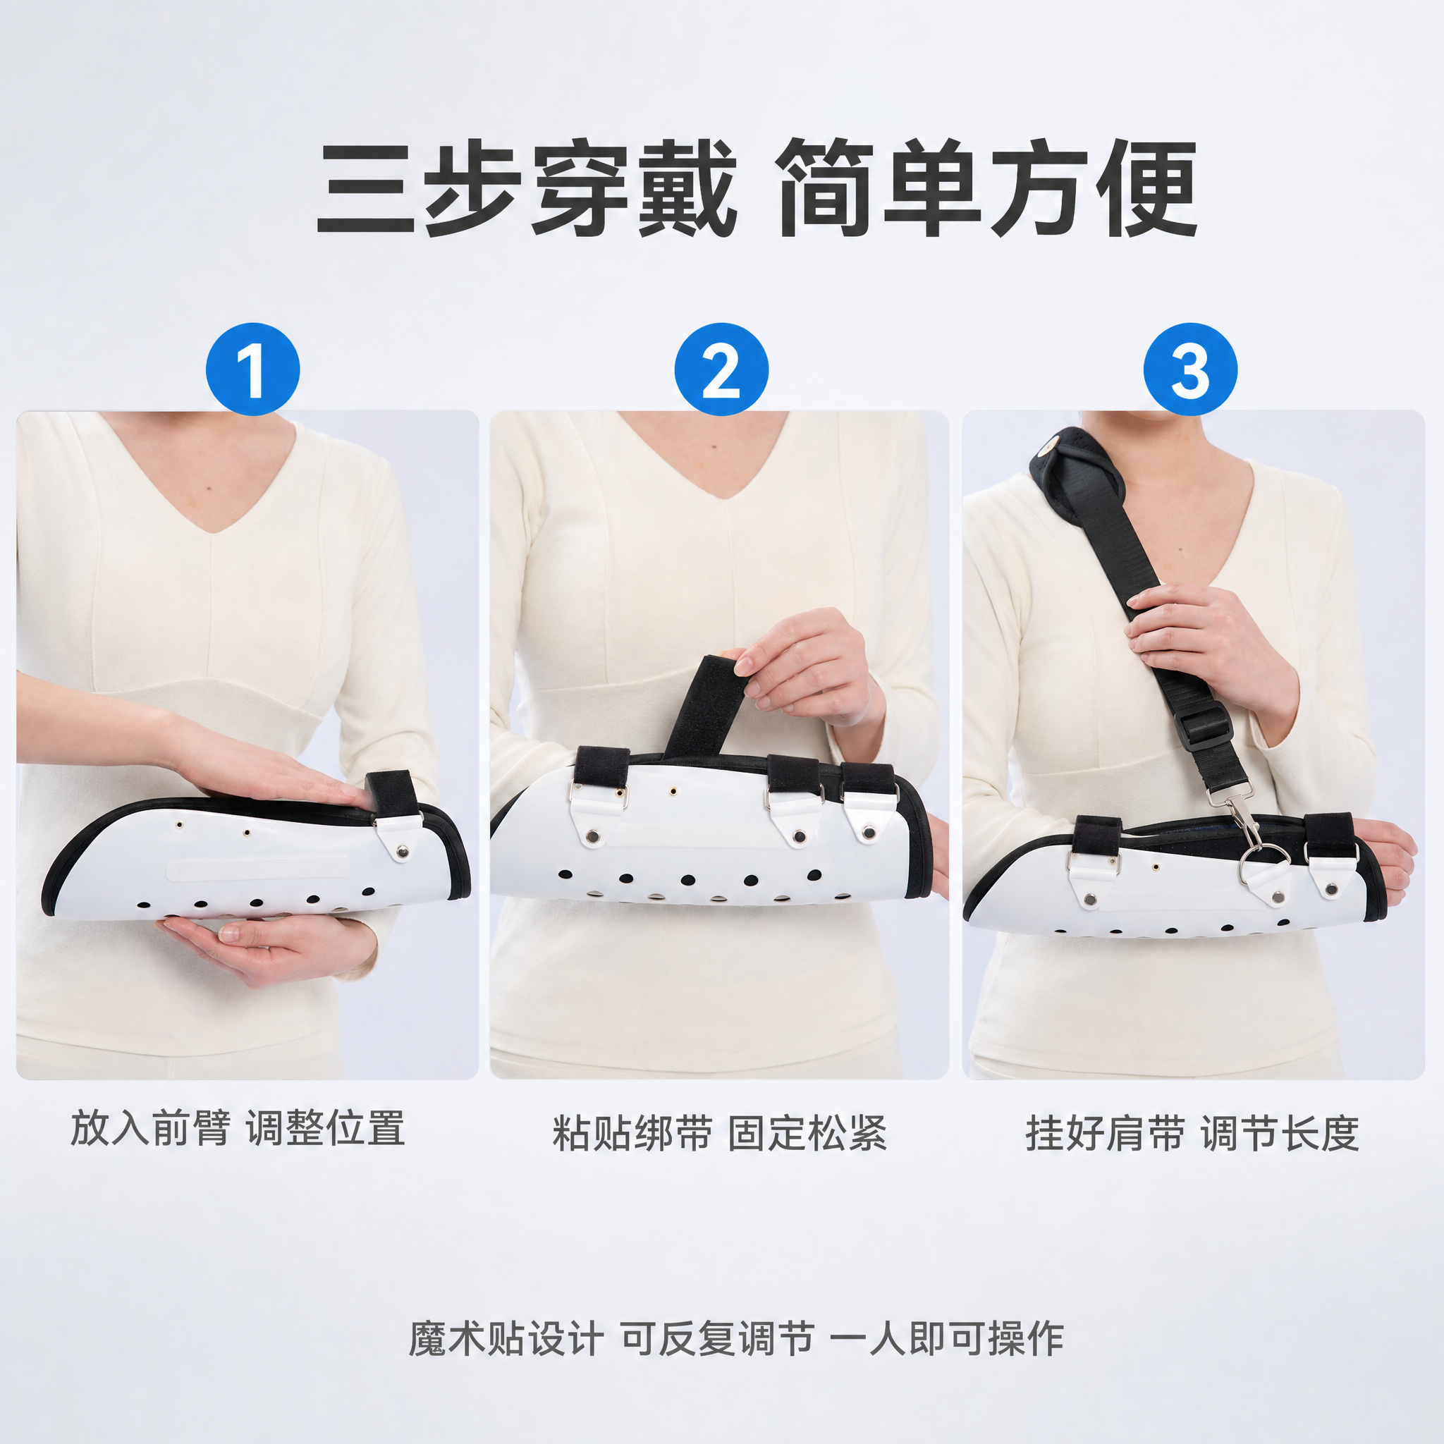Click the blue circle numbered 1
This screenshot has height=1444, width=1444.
pos(252,369)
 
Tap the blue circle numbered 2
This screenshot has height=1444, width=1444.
pos(721,369)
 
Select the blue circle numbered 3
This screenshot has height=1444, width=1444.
pos(1190,369)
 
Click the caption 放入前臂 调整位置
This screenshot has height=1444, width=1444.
pos(238,1128)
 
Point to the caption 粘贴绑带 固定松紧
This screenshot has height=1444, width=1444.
pos(720,1133)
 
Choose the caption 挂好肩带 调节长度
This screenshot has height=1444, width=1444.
pos(1192,1133)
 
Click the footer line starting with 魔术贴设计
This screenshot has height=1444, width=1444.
pos(735,1339)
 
